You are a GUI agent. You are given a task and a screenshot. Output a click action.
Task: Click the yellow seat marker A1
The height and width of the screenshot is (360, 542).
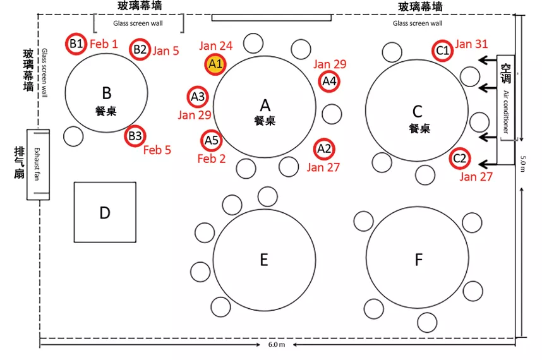click(x=215, y=64)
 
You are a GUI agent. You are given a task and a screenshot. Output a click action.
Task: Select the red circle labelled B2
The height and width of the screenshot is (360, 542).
click(x=140, y=49)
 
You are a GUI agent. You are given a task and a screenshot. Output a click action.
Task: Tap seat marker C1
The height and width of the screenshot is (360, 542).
click(x=443, y=50)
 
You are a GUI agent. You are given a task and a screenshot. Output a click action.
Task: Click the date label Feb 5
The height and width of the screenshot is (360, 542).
click(x=157, y=150)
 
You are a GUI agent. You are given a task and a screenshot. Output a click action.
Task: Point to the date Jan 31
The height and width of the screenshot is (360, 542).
click(x=471, y=44)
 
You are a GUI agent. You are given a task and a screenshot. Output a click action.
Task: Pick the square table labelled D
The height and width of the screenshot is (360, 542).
click(x=105, y=212)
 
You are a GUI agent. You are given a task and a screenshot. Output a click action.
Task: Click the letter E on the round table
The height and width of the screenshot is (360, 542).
click(x=264, y=260)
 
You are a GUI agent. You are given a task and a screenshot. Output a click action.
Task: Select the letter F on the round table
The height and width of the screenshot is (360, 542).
click(x=418, y=260)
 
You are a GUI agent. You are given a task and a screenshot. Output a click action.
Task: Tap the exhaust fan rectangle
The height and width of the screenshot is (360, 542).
click(x=38, y=164)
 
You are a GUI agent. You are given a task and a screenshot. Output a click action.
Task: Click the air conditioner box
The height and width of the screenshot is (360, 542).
click(x=507, y=109)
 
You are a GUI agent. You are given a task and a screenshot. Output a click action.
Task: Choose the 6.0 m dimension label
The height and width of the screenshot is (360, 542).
click(x=277, y=345)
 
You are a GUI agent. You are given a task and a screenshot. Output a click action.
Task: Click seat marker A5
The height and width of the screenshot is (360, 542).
click(x=211, y=140)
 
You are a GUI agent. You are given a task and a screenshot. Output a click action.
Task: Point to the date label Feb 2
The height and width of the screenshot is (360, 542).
click(x=211, y=159)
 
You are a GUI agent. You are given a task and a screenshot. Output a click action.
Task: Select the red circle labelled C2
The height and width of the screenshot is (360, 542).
click(x=459, y=159)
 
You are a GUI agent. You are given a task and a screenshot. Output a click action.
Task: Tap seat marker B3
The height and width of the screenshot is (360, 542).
click(x=135, y=136)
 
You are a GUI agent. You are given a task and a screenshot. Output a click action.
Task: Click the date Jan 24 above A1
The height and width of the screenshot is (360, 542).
click(x=215, y=45)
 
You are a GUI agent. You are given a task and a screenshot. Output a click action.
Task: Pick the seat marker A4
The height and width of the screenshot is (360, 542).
click(x=329, y=81)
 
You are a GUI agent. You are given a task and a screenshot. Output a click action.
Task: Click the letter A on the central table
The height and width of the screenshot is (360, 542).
click(x=265, y=105)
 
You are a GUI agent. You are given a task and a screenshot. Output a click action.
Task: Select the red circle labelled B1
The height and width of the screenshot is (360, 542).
click(x=76, y=44)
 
